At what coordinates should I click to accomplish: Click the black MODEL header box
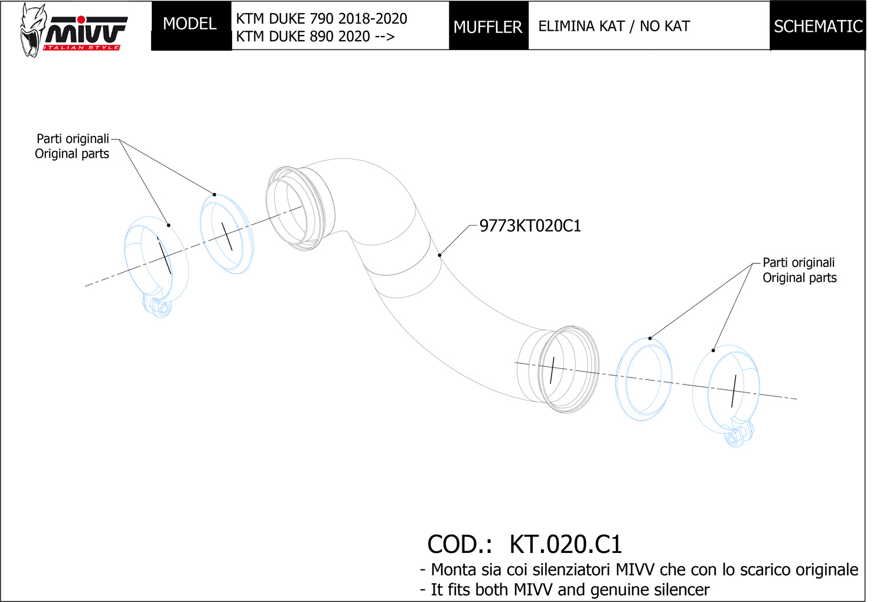(190, 24)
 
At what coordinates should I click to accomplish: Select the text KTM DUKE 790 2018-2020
(321, 18)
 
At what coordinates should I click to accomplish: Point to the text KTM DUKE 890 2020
(303, 37)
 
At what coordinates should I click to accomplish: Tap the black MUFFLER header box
(488, 27)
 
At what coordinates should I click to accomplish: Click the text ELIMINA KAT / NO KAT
(614, 27)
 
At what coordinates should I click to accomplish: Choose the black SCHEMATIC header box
(818, 27)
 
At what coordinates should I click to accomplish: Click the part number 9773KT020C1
(530, 226)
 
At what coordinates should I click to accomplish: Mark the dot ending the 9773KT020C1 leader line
(439, 255)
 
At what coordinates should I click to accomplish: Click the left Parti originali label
(73, 139)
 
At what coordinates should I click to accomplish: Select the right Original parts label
(800, 278)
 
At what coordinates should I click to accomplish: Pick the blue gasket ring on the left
(227, 234)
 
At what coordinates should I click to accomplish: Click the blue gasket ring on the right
(644, 379)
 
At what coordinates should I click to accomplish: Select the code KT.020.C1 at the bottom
(565, 544)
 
